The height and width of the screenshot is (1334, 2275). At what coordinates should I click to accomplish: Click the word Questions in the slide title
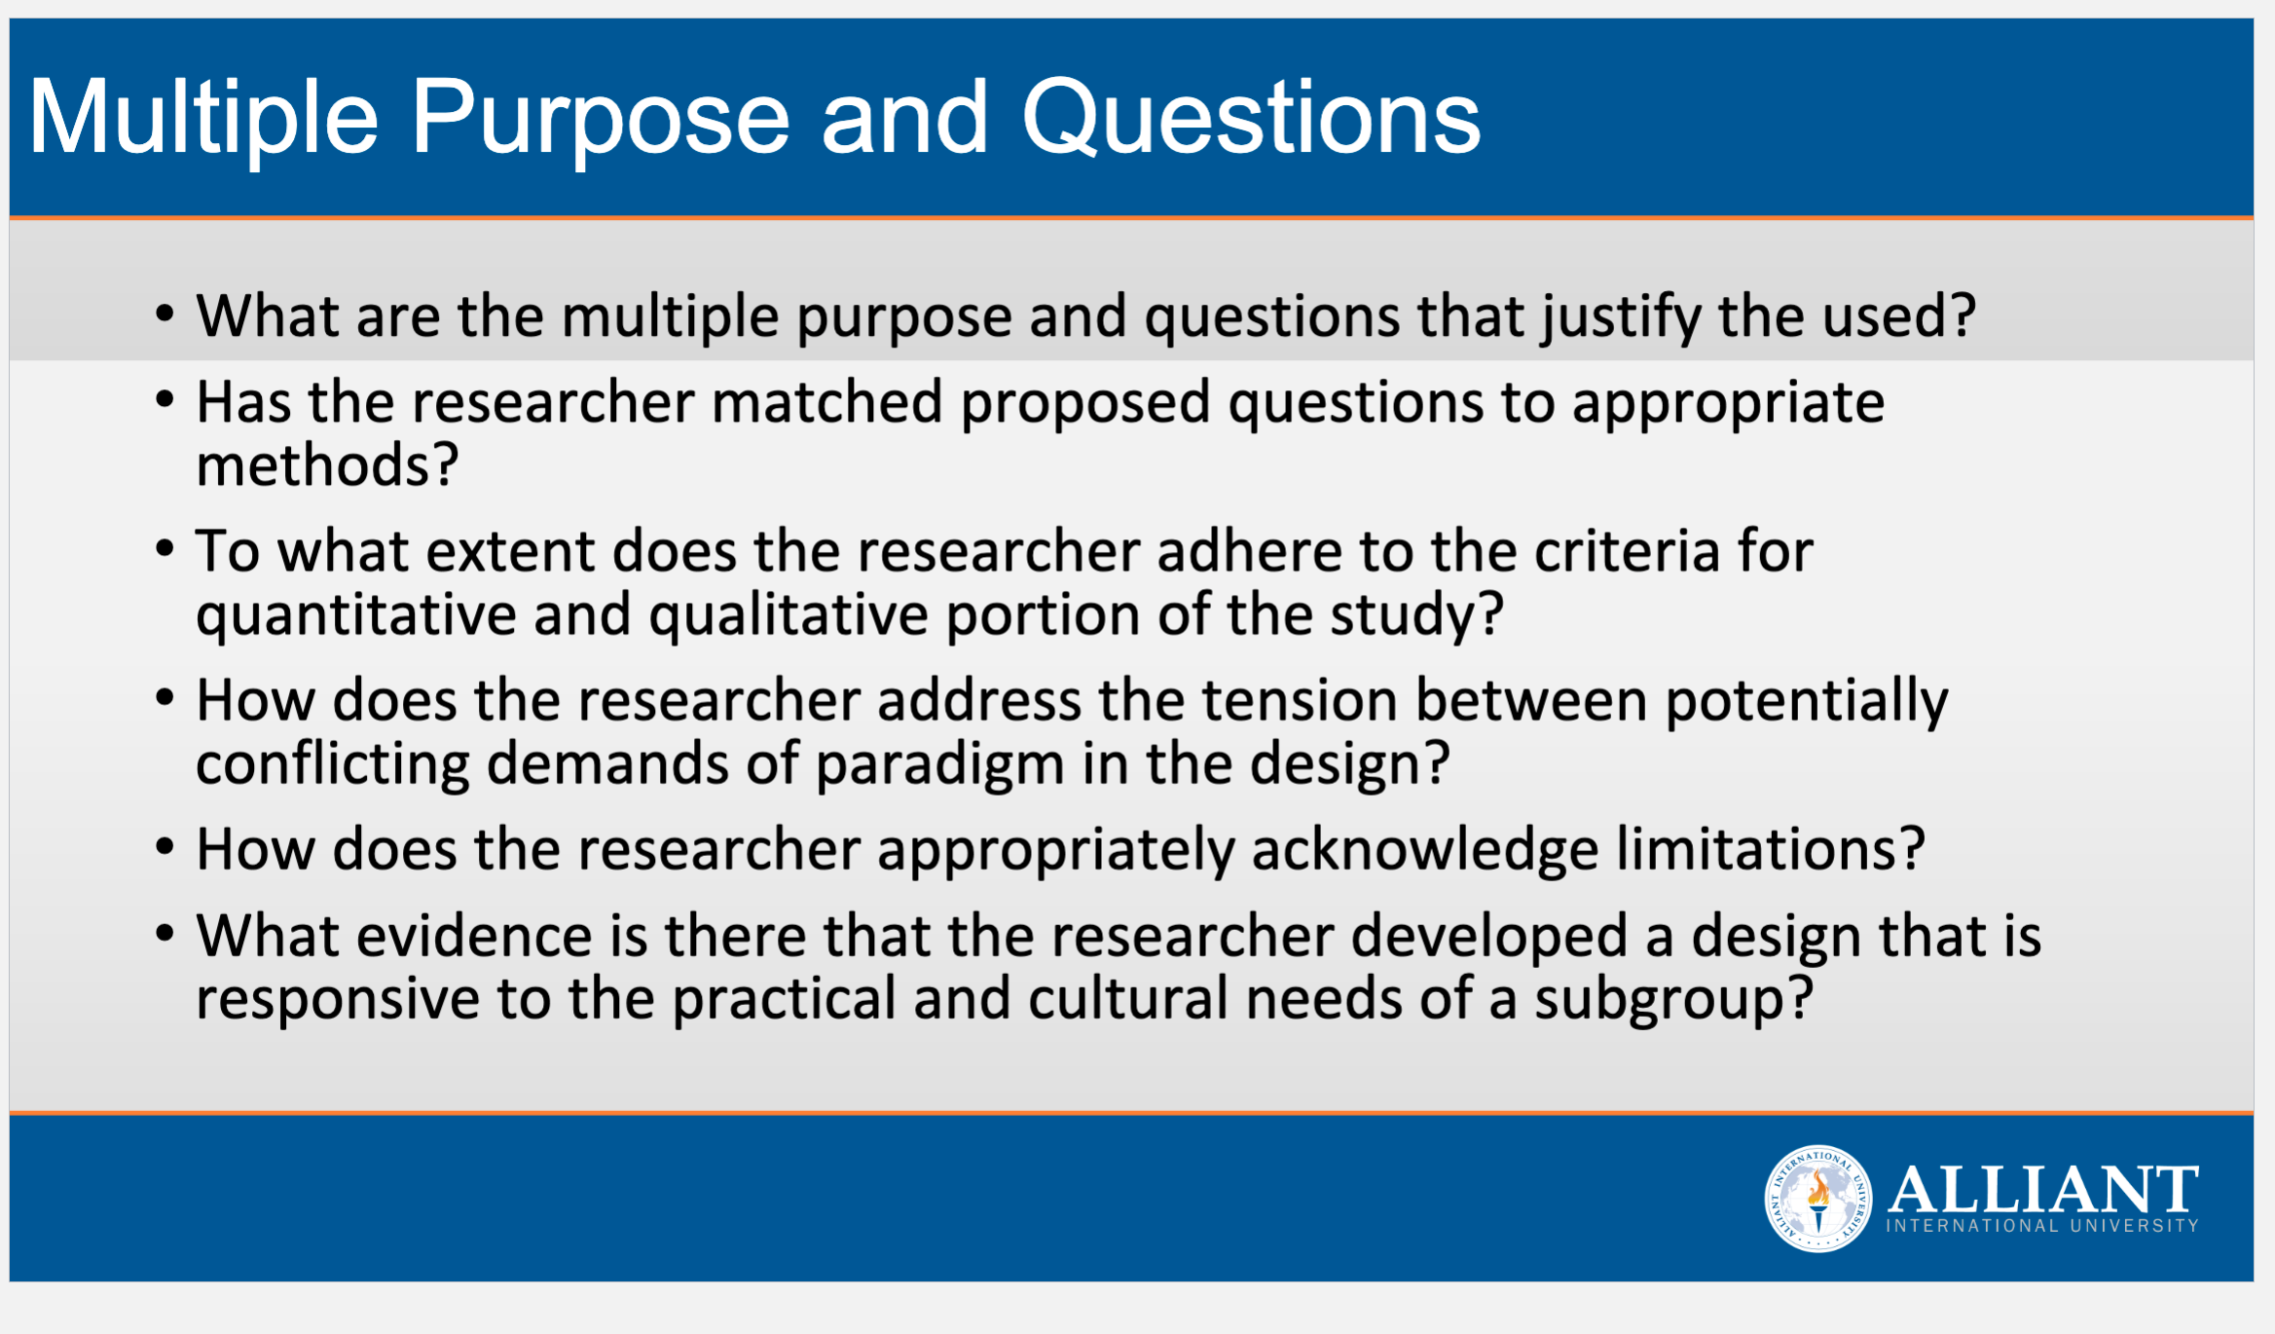(x=1251, y=118)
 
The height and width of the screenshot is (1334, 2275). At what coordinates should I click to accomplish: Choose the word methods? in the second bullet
(x=327, y=464)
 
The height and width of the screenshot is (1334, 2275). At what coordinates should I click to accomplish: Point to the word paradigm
(x=939, y=765)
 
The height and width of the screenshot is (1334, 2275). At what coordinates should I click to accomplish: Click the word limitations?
(x=1771, y=849)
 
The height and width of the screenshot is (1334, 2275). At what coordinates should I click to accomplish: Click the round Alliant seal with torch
(x=1817, y=1199)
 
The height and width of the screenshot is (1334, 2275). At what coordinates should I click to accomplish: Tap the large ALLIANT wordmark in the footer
(x=2042, y=1189)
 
